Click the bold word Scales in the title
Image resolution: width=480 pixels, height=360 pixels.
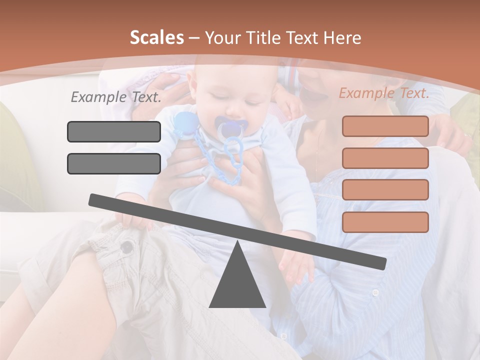156,37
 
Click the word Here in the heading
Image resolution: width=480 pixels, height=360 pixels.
342,38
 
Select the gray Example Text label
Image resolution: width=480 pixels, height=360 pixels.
116,97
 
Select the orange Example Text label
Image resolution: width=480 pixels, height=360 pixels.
384,93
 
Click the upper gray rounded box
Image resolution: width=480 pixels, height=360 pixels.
114,131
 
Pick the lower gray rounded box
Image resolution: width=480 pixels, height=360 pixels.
114,163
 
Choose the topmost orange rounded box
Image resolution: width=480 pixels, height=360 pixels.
385,126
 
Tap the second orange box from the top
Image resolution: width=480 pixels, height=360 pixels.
385,158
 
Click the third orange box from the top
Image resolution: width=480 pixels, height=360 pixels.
385,189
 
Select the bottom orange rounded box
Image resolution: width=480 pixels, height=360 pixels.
385,222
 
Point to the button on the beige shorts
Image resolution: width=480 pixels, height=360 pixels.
128,246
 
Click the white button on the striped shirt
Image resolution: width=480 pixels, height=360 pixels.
375,292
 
